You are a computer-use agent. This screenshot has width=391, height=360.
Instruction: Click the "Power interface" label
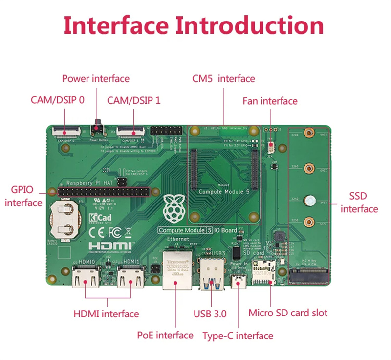coord(95,78)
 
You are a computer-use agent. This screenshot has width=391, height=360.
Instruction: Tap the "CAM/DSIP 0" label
coord(57,100)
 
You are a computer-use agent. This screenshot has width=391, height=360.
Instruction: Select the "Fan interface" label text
coord(270,101)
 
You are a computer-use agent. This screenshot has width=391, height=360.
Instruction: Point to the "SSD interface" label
coord(359,202)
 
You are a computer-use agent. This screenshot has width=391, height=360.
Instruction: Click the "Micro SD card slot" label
coord(288,313)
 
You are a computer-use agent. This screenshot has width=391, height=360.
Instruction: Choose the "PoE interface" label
coord(165,335)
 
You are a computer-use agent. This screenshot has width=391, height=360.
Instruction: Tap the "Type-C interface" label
coord(238,336)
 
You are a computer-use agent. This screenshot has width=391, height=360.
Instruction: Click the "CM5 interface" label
coord(223,78)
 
